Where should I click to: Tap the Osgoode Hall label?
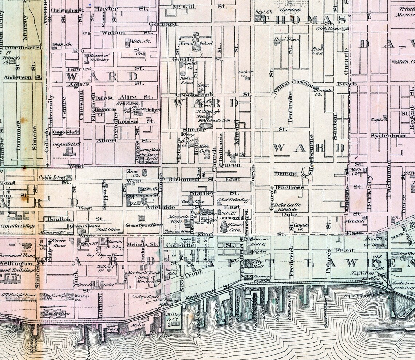66,143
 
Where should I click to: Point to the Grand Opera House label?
144,225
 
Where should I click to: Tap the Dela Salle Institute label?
288,207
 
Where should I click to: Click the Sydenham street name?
383,136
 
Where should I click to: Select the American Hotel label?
173,272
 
